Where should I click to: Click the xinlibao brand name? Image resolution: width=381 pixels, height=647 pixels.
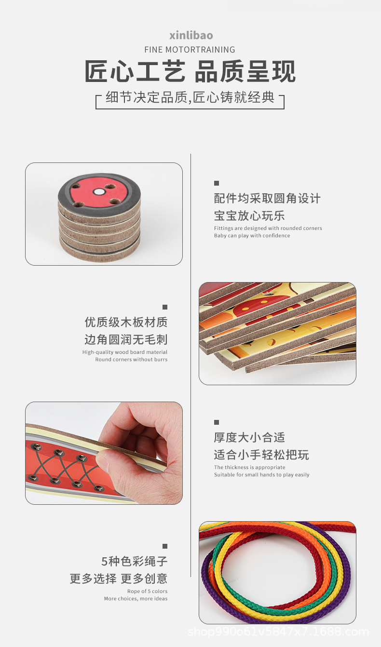(x=191, y=35)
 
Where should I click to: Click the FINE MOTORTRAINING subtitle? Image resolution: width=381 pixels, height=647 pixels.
(x=190, y=50)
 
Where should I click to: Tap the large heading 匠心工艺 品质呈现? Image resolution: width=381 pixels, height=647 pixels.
(x=190, y=71)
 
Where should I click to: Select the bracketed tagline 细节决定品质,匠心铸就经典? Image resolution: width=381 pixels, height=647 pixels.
(x=190, y=98)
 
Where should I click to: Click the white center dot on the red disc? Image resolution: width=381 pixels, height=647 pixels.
(x=99, y=191)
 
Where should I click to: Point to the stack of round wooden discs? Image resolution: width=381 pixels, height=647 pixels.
(x=99, y=222)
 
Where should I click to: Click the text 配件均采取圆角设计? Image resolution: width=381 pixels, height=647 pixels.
(x=267, y=199)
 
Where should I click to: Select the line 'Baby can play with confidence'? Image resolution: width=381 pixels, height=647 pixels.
(x=252, y=236)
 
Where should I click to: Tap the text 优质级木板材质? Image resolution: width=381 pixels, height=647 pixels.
(x=126, y=322)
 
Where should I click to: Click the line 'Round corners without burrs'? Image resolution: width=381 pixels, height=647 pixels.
(x=131, y=360)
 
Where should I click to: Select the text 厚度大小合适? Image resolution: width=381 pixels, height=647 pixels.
(x=249, y=437)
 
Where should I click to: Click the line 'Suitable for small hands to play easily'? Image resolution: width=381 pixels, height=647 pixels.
(x=261, y=475)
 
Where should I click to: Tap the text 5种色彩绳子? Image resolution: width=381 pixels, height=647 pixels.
(x=134, y=562)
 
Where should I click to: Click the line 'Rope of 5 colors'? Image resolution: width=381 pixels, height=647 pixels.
(x=147, y=592)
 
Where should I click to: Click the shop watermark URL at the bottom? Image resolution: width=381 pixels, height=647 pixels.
(x=278, y=632)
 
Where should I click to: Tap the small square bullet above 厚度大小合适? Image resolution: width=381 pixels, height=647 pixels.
(x=217, y=422)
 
